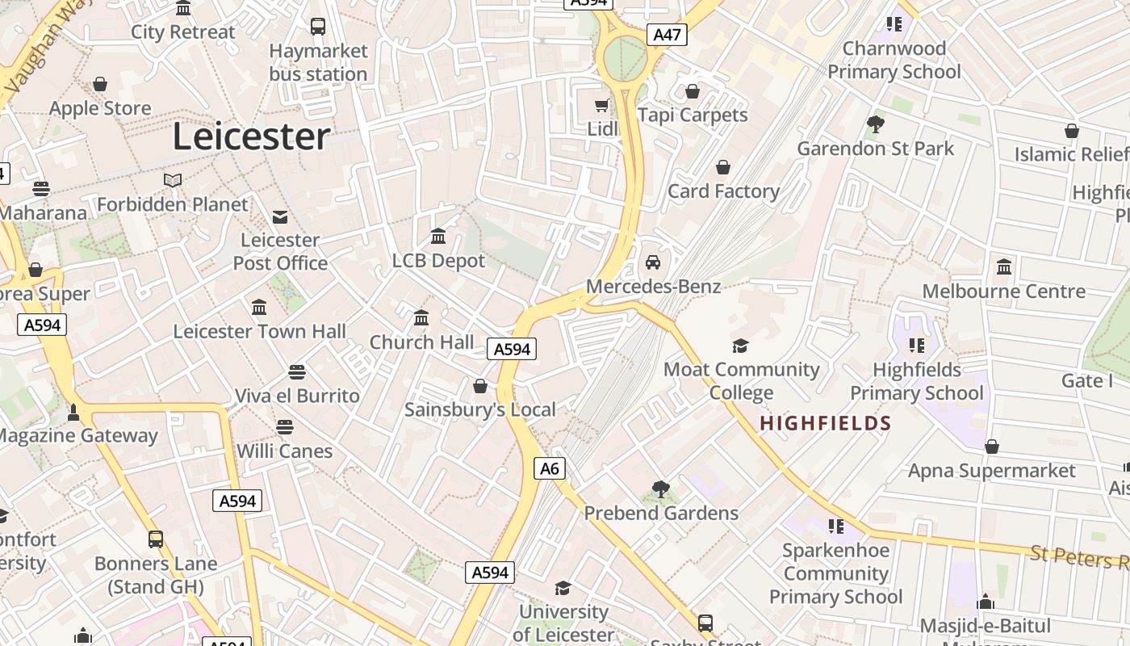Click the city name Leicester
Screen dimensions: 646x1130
(x=251, y=136)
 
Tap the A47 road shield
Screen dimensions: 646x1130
(x=667, y=35)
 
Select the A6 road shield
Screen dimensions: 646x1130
(x=549, y=468)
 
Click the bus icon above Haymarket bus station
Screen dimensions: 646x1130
(x=318, y=27)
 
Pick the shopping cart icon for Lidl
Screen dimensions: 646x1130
(x=602, y=105)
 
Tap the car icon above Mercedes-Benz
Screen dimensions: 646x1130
(x=653, y=262)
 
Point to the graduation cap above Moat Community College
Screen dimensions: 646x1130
(x=740, y=346)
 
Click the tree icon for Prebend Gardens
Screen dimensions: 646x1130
(x=660, y=489)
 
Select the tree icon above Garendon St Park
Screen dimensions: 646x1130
(x=875, y=124)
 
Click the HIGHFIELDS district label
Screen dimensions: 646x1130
(x=825, y=423)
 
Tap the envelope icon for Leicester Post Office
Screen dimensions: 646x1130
(x=280, y=216)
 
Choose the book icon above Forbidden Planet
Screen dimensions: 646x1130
(x=172, y=180)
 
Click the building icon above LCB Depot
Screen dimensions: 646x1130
(x=438, y=237)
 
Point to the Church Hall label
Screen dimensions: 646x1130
(x=422, y=342)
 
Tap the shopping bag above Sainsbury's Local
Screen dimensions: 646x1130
(x=480, y=386)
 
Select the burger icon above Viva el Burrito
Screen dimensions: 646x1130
(x=297, y=372)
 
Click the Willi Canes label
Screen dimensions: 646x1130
(x=284, y=451)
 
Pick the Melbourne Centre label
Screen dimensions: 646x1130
(x=1003, y=292)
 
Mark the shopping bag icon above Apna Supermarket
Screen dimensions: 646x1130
(x=992, y=447)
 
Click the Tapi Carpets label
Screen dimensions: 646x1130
(x=693, y=115)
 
